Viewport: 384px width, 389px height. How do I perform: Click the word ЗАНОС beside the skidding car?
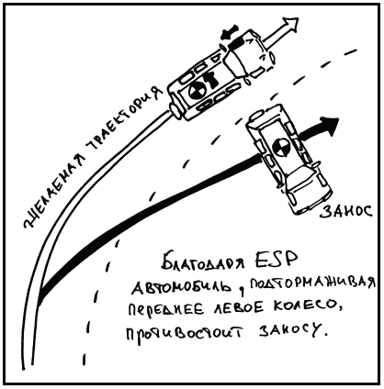point(346,211)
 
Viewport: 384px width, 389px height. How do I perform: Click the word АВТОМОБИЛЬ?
point(182,288)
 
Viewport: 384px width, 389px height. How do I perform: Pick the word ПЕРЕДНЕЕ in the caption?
point(165,310)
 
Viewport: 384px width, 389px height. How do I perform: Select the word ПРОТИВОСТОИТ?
point(185,333)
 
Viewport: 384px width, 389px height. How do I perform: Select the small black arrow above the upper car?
point(230,31)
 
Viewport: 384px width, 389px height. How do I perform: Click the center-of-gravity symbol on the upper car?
point(196,91)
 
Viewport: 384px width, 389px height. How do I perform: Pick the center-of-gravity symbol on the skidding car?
point(279,146)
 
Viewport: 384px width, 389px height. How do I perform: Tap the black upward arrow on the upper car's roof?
point(211,79)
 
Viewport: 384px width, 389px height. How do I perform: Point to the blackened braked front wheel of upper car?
point(235,43)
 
